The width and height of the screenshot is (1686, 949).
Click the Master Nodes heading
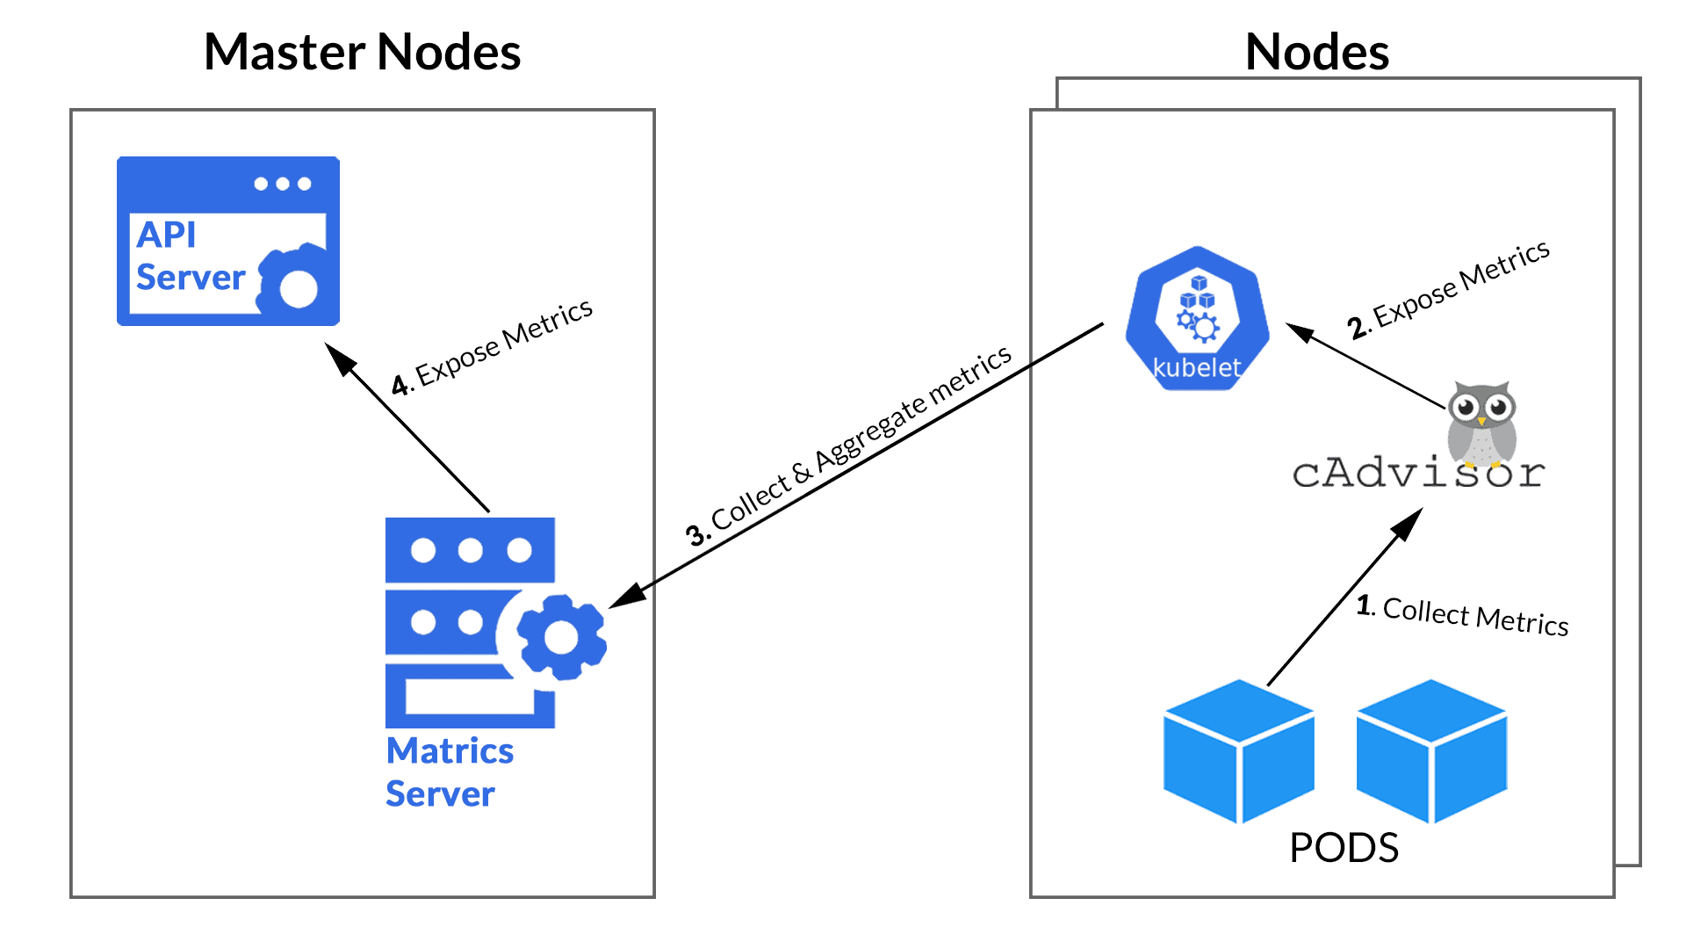point(362,52)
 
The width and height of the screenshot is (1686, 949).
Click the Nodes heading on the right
point(1316,52)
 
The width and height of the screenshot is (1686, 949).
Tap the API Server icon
point(227,241)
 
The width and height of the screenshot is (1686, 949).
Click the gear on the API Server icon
point(297,286)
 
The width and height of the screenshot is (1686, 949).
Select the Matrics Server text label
point(449,772)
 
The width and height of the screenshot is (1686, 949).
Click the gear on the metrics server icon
point(561,637)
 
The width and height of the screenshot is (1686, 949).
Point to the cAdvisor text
point(1417,474)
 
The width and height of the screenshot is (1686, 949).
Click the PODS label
point(1344,848)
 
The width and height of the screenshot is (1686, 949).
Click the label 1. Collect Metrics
point(1462,614)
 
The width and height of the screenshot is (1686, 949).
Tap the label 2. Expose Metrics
point(1449,290)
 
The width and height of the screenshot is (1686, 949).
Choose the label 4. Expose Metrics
point(493,348)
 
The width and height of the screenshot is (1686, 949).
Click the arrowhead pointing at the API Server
point(337,356)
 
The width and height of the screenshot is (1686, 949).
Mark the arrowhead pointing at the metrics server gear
point(625,598)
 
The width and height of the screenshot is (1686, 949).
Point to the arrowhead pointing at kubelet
point(1299,332)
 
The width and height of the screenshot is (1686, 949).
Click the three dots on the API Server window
point(282,184)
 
